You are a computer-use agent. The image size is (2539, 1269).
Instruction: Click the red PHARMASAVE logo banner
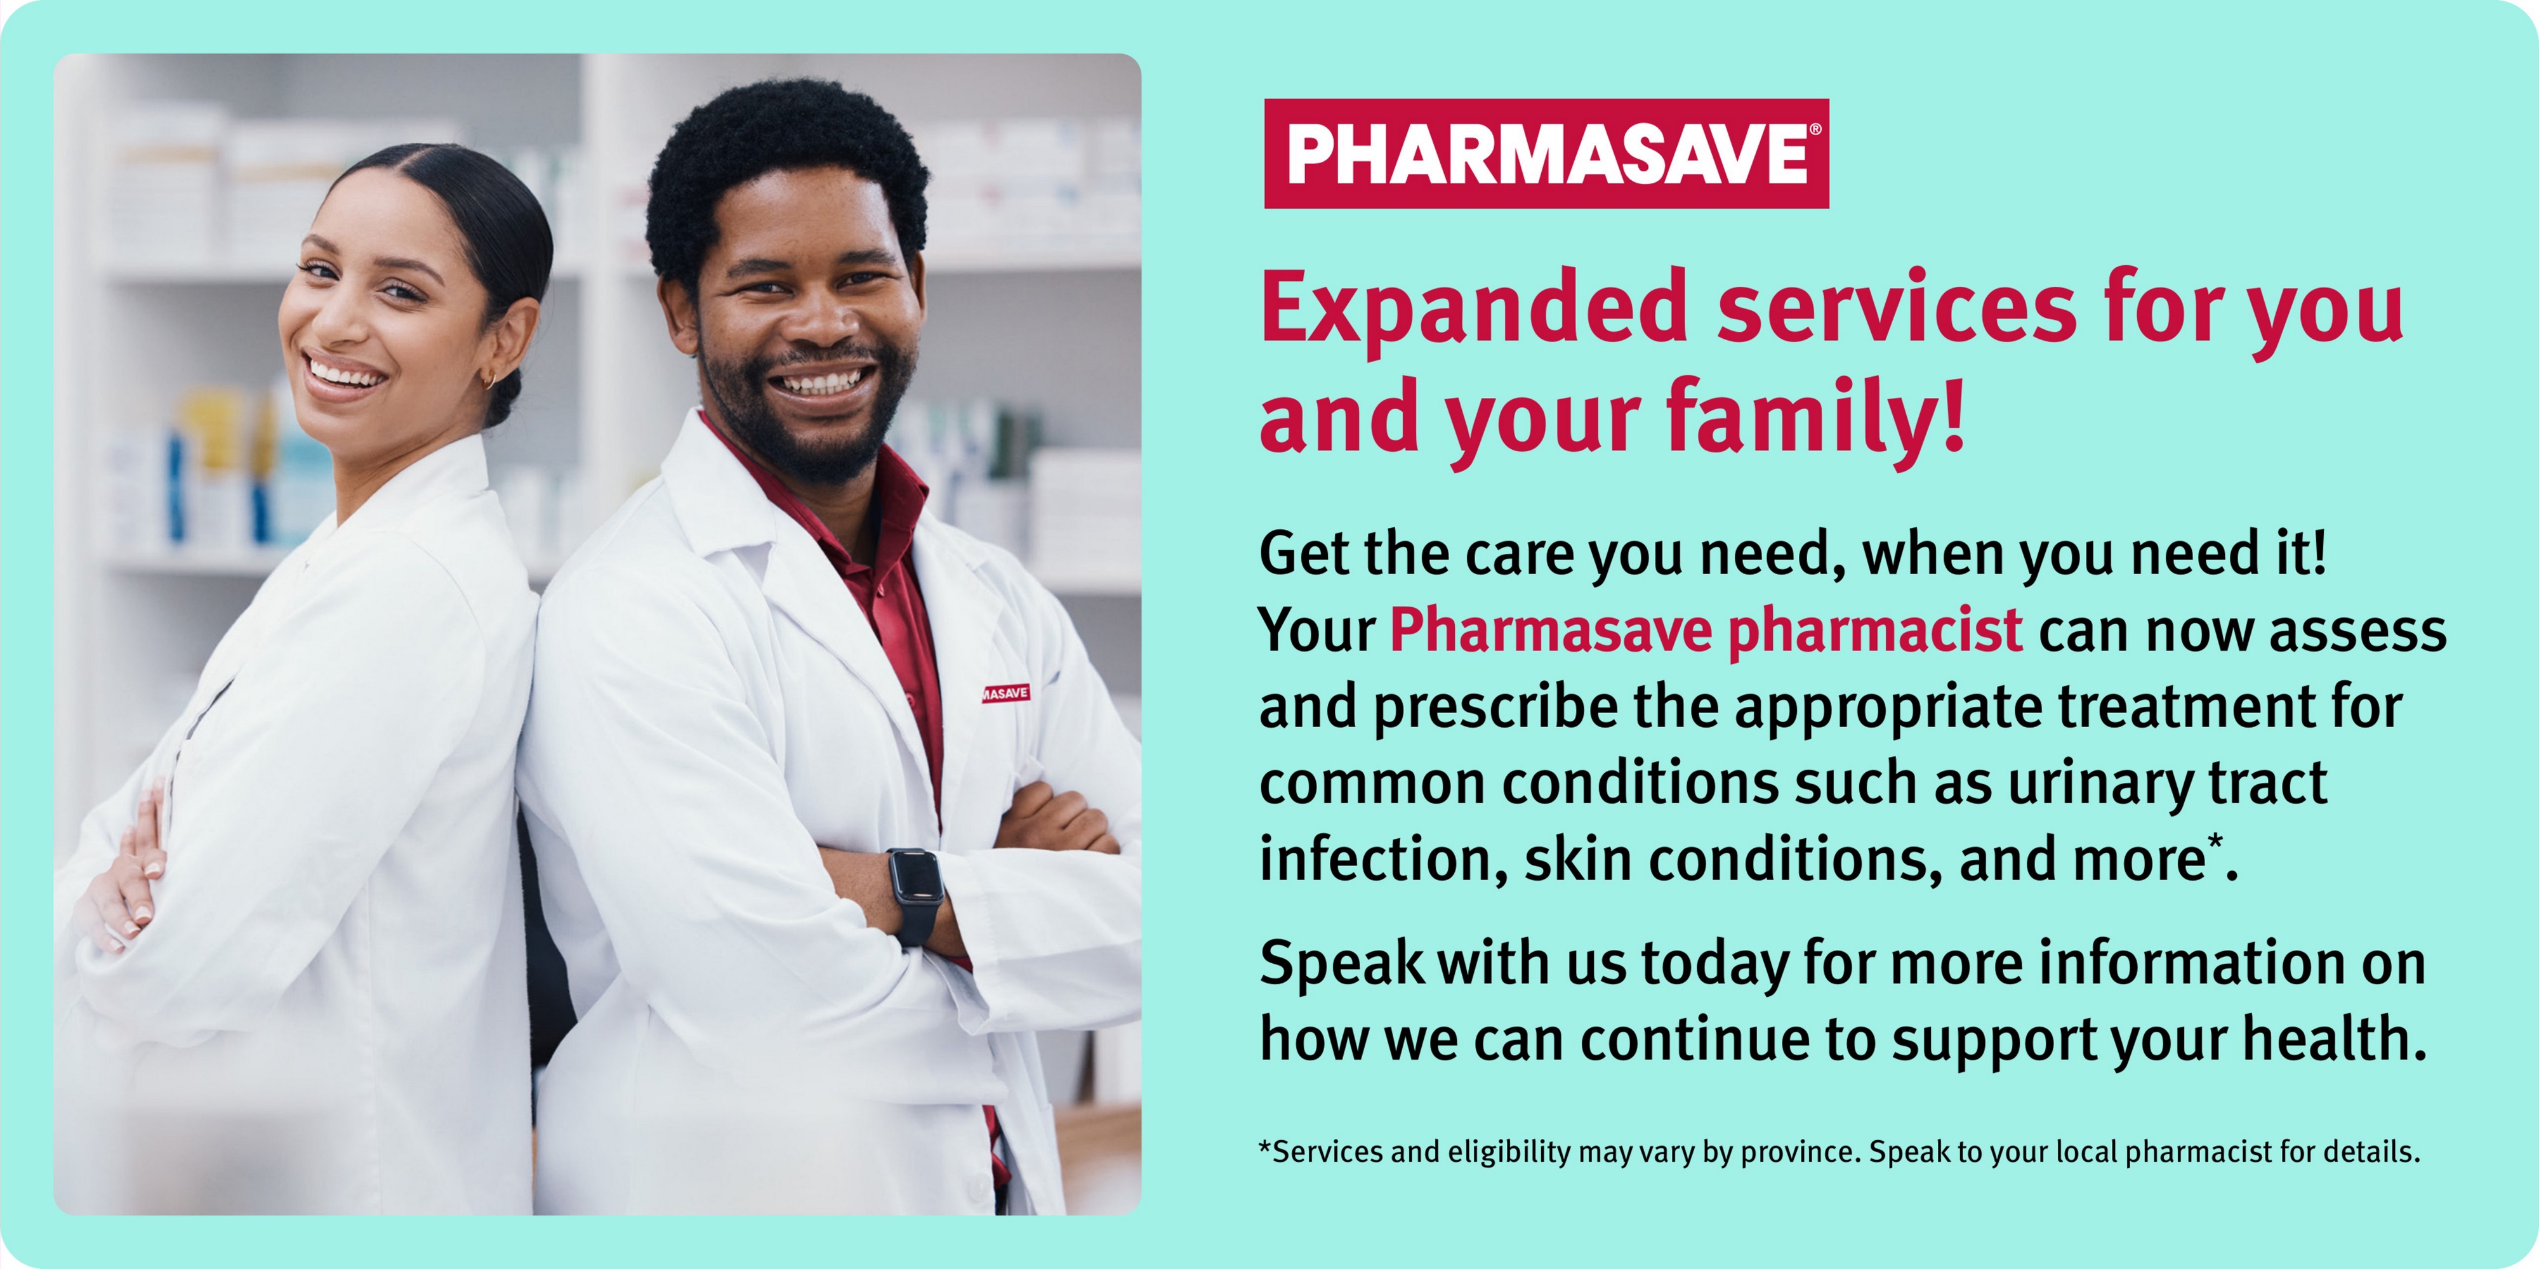pyautogui.click(x=1546, y=154)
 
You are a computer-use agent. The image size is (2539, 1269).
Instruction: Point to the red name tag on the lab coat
pyautogui.click(x=1005, y=693)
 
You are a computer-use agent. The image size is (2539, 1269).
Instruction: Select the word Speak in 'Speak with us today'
pyautogui.click(x=1342, y=964)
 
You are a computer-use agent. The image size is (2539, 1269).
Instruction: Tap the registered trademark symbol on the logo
pyautogui.click(x=1815, y=129)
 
